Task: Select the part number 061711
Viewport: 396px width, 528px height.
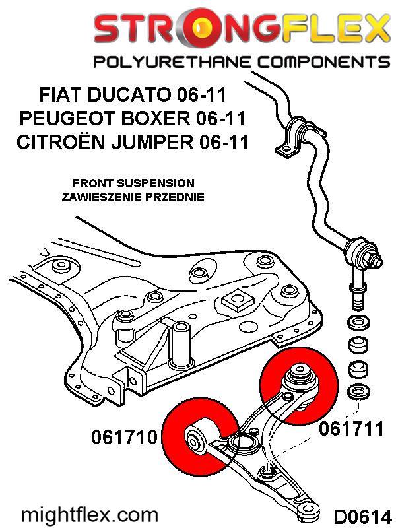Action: click(351, 429)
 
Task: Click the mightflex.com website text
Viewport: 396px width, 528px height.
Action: click(90, 514)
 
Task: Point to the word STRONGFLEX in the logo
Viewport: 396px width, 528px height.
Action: click(241, 28)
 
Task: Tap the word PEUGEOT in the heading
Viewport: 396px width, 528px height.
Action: click(76, 119)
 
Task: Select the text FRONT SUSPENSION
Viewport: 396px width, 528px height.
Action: click(133, 183)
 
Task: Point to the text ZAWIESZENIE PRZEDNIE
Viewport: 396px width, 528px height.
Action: click(133, 197)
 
